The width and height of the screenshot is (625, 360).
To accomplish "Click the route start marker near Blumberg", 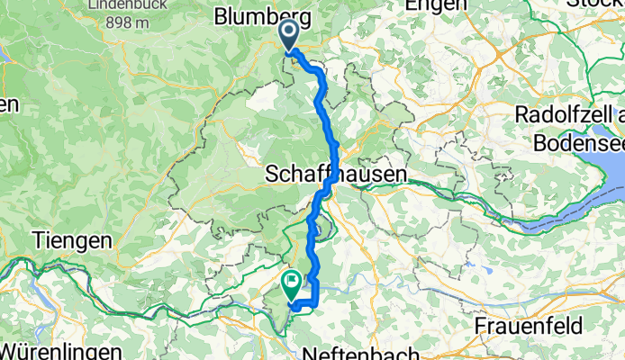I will tap(290, 35).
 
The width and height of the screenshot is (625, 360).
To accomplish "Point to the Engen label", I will tap(430, 4).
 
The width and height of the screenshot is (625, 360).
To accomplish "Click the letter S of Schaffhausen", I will tap(274, 175).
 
